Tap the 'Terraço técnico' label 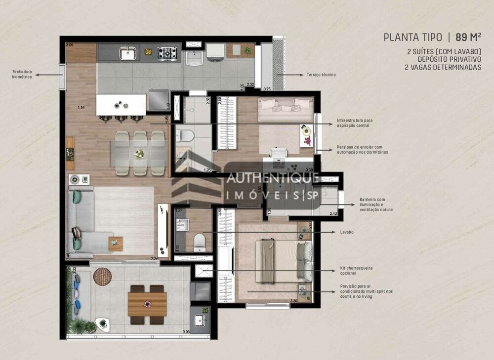pyautogui.click(x=321, y=75)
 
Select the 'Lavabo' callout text pyautogui.click(x=346, y=232)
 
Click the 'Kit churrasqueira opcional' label pyautogui.click(x=356, y=271)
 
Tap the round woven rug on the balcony pyautogui.click(x=102, y=276)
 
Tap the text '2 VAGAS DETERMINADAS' pyautogui.click(x=443, y=67)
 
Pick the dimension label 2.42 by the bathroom pyautogui.click(x=334, y=214)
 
